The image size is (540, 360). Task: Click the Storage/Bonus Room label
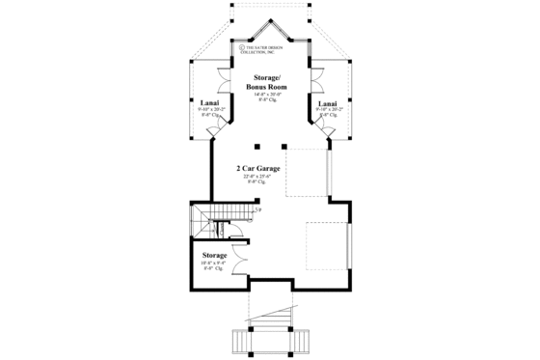tap(267, 79)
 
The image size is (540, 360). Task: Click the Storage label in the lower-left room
tap(214, 255)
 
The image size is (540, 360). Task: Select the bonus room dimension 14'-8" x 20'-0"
tap(267, 94)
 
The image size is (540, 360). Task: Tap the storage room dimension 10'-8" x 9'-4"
tap(214, 263)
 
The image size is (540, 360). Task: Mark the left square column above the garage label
tap(257, 147)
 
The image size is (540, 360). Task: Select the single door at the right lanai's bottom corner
tap(331, 142)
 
